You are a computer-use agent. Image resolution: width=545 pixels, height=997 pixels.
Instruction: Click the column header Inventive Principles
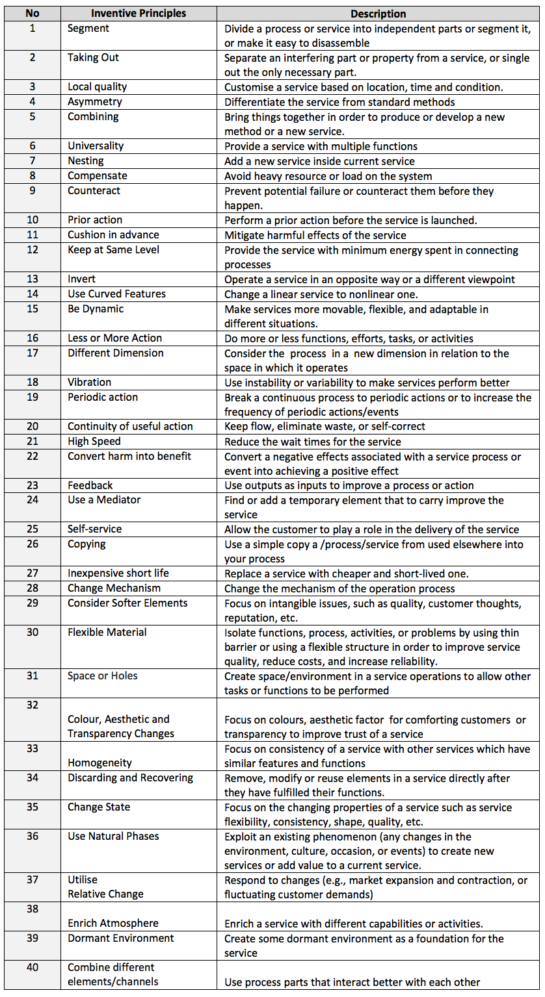coord(138,14)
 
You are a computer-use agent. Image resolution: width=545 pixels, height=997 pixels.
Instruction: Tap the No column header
coord(33,14)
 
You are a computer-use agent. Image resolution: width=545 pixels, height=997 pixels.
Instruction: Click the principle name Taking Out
coord(93,58)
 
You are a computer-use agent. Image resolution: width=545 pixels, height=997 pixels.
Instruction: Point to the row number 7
coord(33,161)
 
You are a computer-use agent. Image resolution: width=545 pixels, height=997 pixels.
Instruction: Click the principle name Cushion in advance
coord(113,235)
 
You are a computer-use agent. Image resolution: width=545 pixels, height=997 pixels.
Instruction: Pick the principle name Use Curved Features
coord(116,294)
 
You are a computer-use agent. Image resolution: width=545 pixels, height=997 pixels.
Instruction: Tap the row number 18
coord(33,383)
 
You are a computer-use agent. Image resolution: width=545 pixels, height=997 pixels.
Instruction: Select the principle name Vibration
coord(89,383)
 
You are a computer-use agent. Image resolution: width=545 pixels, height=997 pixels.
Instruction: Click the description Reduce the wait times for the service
coord(313,442)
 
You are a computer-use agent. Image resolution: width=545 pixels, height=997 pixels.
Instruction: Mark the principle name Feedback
coord(90,486)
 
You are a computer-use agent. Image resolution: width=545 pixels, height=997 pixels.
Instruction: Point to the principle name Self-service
coord(94,529)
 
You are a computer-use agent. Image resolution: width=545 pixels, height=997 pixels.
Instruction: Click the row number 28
coord(33,588)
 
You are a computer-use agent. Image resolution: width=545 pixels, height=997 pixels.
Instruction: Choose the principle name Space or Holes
coord(102,676)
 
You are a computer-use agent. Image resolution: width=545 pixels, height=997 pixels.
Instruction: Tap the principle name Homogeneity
coord(100,763)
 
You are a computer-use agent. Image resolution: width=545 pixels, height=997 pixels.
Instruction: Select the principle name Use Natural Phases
coord(113,837)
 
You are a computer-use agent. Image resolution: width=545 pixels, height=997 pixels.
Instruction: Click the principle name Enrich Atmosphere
coord(113,924)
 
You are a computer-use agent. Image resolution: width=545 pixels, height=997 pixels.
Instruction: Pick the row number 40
coord(33,968)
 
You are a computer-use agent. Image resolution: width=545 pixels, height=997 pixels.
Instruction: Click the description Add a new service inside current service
coord(319,161)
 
